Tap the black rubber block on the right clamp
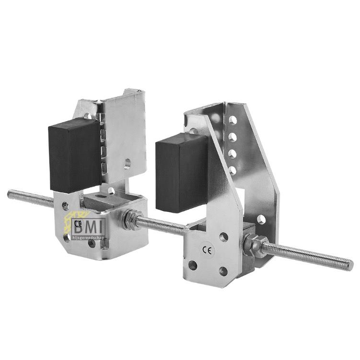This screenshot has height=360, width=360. (181, 173)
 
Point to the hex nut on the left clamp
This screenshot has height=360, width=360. (129, 219)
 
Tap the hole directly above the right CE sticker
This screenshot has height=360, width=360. (224, 236)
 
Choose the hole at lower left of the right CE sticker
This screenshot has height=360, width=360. (193, 265)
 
